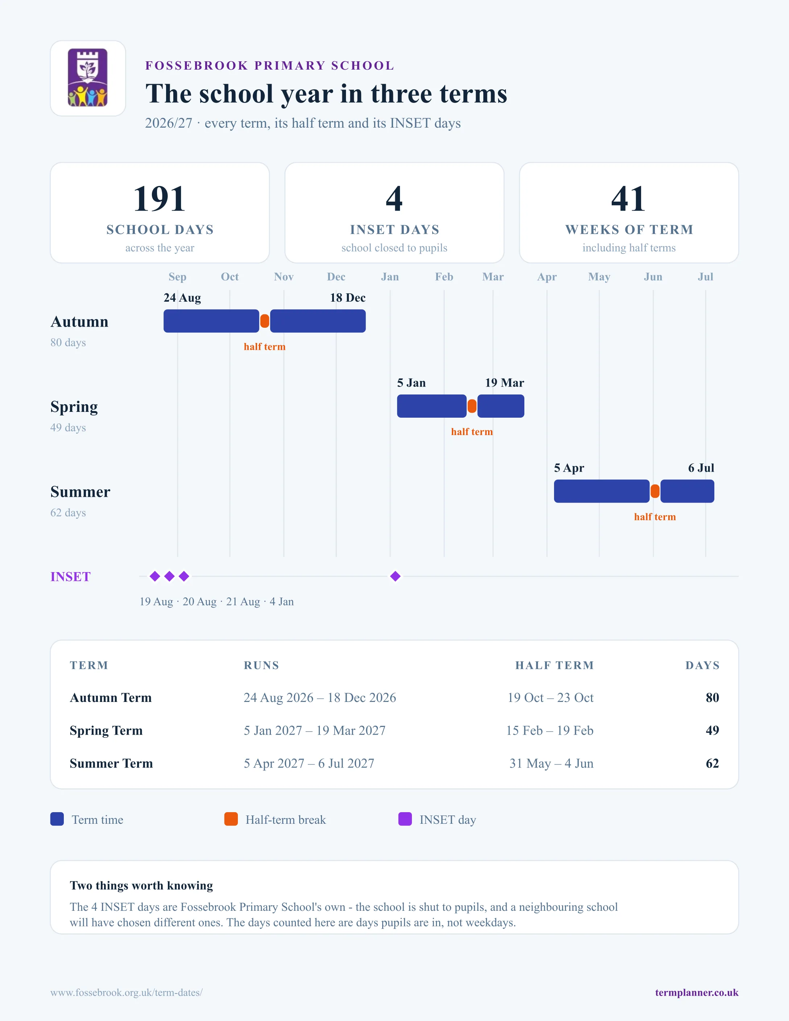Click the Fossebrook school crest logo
88,78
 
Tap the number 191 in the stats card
160,199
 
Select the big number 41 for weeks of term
629,199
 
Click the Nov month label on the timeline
284,277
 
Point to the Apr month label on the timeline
547,277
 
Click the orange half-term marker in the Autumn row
265,321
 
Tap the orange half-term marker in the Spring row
472,406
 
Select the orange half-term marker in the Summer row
655,491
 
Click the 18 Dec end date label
348,298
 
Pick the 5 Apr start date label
569,468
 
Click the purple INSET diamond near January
396,576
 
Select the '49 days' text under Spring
68,428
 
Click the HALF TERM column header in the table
554,665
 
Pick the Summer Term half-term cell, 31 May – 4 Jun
552,764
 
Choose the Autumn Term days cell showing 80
712,698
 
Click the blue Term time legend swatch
57,819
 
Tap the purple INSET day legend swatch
405,819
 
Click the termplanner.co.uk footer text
697,992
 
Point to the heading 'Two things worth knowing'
141,885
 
